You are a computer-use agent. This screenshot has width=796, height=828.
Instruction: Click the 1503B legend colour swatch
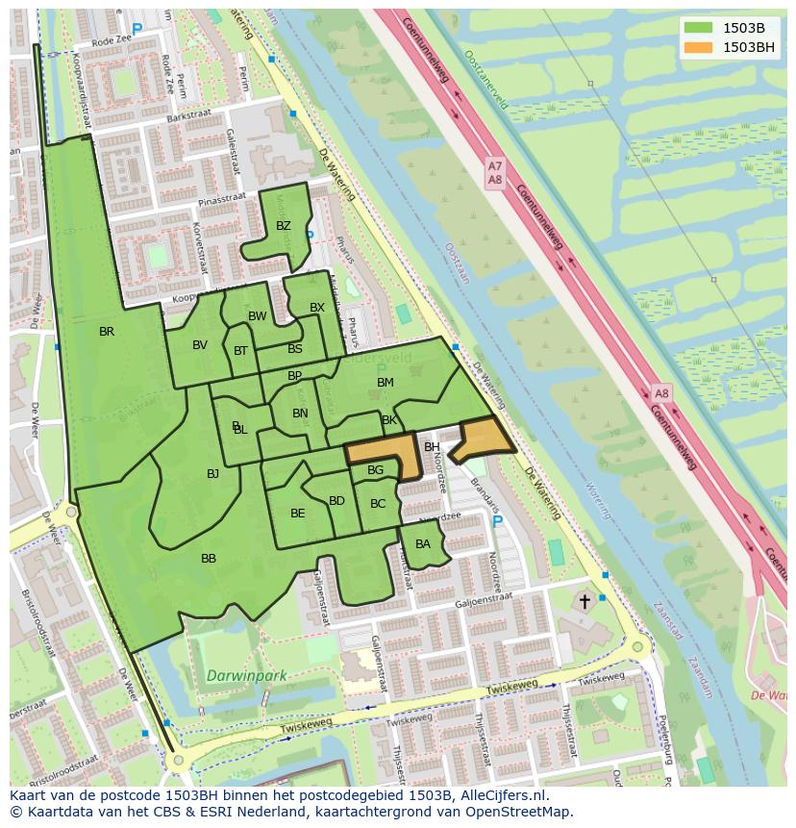pyautogui.click(x=699, y=28)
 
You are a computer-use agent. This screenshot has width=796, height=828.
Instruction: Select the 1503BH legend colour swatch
pyautogui.click(x=699, y=47)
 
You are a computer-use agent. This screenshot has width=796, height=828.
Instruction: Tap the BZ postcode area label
pyautogui.click(x=283, y=227)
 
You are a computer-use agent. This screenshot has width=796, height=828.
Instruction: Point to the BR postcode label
pyautogui.click(x=107, y=332)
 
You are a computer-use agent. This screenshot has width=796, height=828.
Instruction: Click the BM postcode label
pyautogui.click(x=386, y=383)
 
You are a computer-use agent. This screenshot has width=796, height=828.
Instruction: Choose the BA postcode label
pyautogui.click(x=423, y=544)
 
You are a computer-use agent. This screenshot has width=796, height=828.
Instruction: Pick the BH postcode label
pyautogui.click(x=432, y=447)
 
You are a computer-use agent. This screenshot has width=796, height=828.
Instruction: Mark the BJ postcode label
pyautogui.click(x=212, y=473)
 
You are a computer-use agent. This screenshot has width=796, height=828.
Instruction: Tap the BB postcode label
pyautogui.click(x=209, y=559)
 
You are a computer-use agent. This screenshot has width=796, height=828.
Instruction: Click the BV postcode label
pyautogui.click(x=200, y=346)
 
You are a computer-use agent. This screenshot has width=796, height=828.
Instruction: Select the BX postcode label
pyautogui.click(x=317, y=308)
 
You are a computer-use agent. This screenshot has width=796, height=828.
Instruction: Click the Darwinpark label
pyautogui.click(x=247, y=676)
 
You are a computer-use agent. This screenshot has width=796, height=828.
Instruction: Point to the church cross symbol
pyautogui.click(x=584, y=602)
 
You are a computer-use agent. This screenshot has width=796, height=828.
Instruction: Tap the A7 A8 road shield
pyautogui.click(x=494, y=173)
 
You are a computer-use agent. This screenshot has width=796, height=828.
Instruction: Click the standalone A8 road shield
pyautogui.click(x=661, y=394)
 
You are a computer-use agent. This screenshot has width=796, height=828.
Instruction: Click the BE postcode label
pyautogui.click(x=297, y=514)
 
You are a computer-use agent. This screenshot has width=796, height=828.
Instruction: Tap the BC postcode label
pyautogui.click(x=378, y=504)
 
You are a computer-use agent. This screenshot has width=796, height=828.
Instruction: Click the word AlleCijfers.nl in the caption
pyautogui.click(x=501, y=795)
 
